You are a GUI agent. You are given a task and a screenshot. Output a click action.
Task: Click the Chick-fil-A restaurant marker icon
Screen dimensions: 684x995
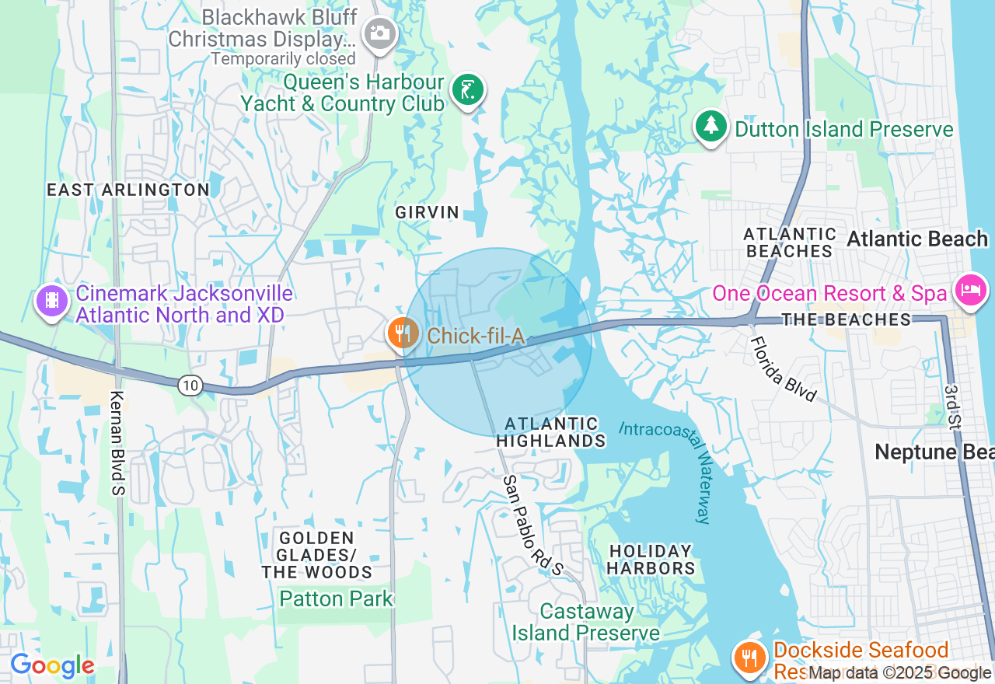[x=401, y=333]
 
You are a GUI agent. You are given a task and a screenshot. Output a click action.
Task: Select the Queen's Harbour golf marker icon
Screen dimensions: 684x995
[x=466, y=90]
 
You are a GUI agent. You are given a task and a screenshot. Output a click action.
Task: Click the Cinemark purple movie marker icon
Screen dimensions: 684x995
[x=52, y=300]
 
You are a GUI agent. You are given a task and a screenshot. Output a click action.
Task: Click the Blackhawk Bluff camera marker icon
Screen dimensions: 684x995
[x=380, y=33]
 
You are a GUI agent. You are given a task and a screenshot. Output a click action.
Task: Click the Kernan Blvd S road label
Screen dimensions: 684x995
[x=119, y=443]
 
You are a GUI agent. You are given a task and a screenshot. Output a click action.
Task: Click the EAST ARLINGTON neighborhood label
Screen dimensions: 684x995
[x=128, y=190]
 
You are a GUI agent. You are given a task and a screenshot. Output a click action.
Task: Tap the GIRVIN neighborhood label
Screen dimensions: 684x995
[x=428, y=212]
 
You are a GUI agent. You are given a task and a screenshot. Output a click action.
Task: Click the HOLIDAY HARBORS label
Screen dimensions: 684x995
[x=651, y=560]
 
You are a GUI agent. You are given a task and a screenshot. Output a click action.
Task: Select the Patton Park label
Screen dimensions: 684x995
[x=337, y=598]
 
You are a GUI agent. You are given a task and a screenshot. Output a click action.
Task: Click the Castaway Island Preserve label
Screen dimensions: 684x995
[x=586, y=622]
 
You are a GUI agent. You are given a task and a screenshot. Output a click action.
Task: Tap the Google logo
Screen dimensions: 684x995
[x=52, y=666]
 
